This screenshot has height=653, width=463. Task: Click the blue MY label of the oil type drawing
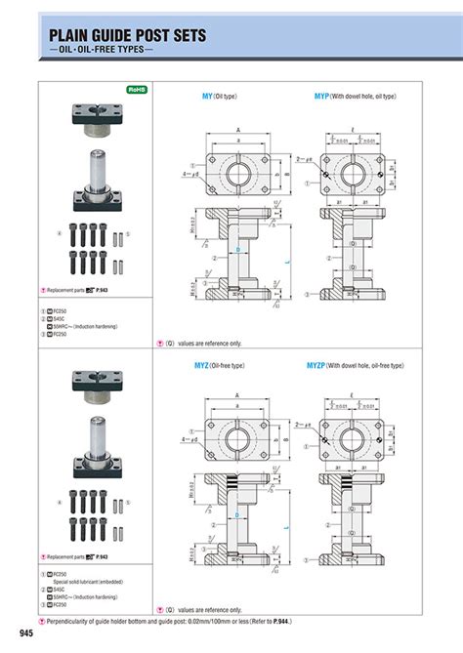coord(207,97)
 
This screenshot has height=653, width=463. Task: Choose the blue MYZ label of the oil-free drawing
coord(210,365)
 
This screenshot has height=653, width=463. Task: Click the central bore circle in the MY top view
coord(237,173)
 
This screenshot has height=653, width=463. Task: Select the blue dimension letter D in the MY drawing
coord(236,250)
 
